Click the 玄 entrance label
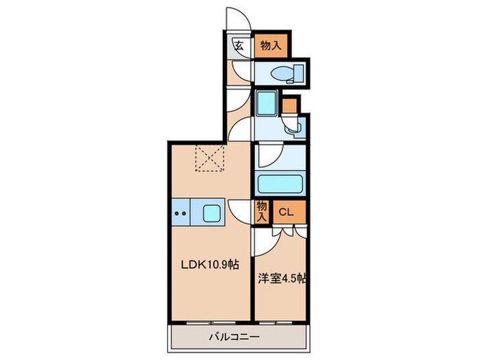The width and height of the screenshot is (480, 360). pyautogui.click(x=239, y=47)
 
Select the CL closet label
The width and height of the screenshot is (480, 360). pyautogui.click(x=286, y=212)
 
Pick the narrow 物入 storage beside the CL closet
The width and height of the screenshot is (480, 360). pyautogui.click(x=261, y=211)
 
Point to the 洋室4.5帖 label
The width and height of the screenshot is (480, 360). pyautogui.click(x=282, y=279)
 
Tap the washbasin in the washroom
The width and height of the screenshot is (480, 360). pyautogui.click(x=293, y=125)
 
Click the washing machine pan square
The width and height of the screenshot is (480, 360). pyautogui.click(x=265, y=105)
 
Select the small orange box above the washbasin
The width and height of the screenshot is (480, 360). pyautogui.click(x=289, y=106)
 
